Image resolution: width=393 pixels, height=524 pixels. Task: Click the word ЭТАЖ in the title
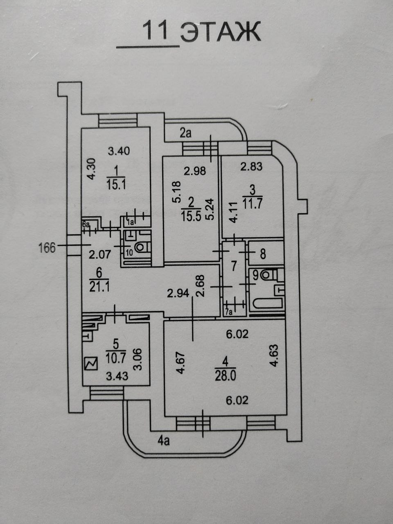pos(220,32)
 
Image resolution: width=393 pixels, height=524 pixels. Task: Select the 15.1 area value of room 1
pos(116,184)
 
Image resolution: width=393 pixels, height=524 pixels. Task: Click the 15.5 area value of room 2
pos(191,217)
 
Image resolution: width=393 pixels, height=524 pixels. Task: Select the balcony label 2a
pos(185,133)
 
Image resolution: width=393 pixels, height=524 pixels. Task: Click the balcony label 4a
pos(164,441)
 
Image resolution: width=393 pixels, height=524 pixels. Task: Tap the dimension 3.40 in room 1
pos(119,151)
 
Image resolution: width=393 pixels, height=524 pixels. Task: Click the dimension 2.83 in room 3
pos(251,166)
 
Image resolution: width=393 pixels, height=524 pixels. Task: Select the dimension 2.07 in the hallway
pos(100,255)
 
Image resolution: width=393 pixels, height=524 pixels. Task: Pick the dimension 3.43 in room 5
pos(117,376)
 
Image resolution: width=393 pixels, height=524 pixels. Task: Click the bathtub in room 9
pos(267,303)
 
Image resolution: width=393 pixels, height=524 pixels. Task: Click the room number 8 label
pos(262,254)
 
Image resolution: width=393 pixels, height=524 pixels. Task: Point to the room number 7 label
pos(234,267)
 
